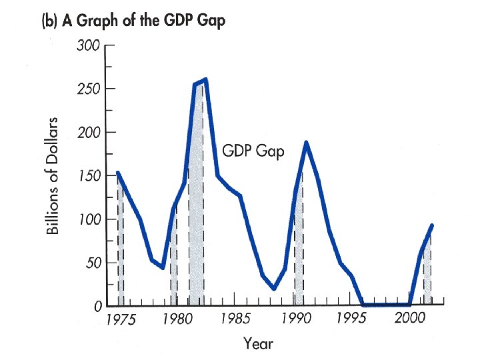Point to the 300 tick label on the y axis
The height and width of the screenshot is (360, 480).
click(x=87, y=45)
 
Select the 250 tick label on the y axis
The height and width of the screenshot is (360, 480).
click(x=87, y=89)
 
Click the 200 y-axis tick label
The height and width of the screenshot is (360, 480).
click(x=87, y=132)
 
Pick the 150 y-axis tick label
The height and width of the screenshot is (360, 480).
click(x=87, y=176)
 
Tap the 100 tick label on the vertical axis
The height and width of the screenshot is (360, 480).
click(x=87, y=219)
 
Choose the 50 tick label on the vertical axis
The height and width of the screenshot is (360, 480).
click(x=91, y=263)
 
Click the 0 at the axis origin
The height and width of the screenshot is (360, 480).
click(x=96, y=306)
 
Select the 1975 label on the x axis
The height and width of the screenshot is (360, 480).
click(x=121, y=320)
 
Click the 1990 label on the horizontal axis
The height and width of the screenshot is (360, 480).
click(x=293, y=320)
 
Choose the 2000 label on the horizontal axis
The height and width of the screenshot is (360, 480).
click(x=408, y=320)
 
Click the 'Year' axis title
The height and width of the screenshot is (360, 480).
click(x=258, y=344)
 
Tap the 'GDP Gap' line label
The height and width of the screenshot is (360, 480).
click(x=253, y=151)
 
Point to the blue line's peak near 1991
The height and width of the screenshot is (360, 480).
click(x=306, y=142)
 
